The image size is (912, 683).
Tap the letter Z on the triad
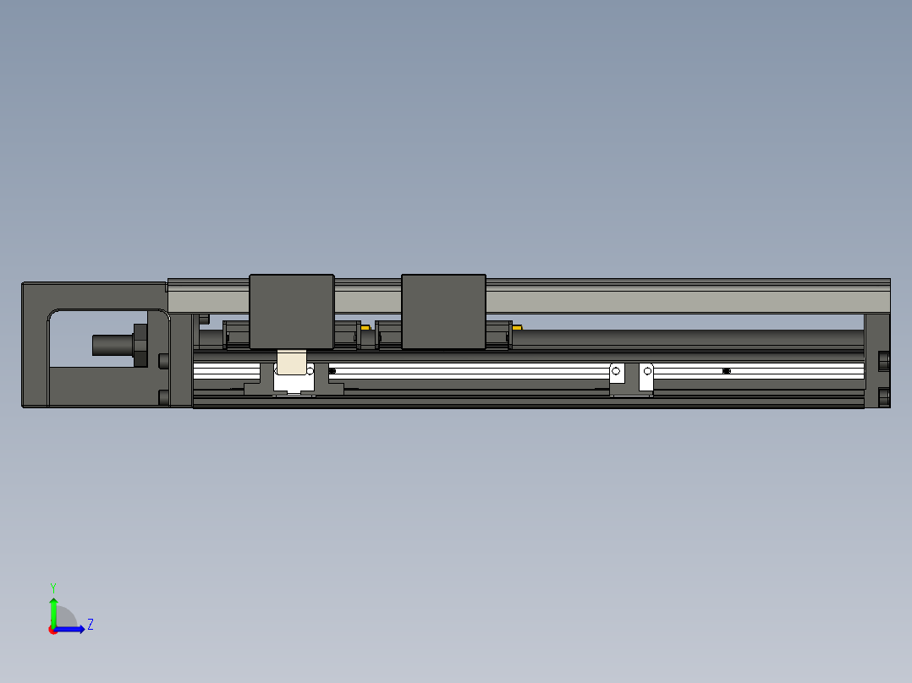pos(90,625)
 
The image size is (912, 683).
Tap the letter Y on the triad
pos(52,587)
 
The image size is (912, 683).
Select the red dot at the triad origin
pos(53,630)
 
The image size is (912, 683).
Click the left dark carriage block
pos(291,311)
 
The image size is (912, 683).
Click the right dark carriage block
pos(443,311)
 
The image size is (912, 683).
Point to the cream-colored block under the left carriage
pos(292,363)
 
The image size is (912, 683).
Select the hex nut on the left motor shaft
pos(140,345)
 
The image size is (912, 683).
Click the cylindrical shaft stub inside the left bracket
pos(110,345)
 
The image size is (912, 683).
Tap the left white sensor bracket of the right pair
pos(617,377)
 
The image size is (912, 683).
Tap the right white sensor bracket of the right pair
pos(646,377)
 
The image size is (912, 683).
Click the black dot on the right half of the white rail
pos(726,371)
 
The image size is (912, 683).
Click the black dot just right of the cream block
pos(332,371)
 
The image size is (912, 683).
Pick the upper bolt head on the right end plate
pos(884,362)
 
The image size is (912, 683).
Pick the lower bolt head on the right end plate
pos(884,396)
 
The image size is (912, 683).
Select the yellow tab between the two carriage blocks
pos(365,327)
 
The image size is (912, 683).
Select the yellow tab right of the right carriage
pos(517,326)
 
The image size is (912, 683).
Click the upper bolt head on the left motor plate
pos(163,361)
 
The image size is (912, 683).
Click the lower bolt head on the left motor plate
pos(163,396)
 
